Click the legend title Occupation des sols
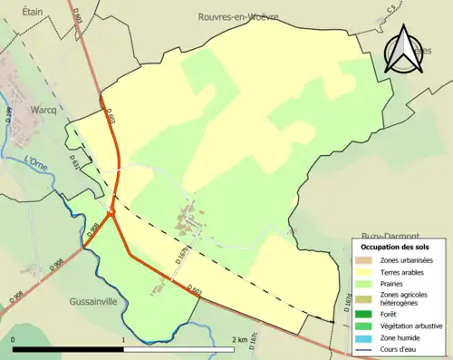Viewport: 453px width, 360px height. (396, 246)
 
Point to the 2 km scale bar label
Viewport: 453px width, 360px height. (239, 338)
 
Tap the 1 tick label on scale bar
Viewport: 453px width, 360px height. (123, 338)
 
